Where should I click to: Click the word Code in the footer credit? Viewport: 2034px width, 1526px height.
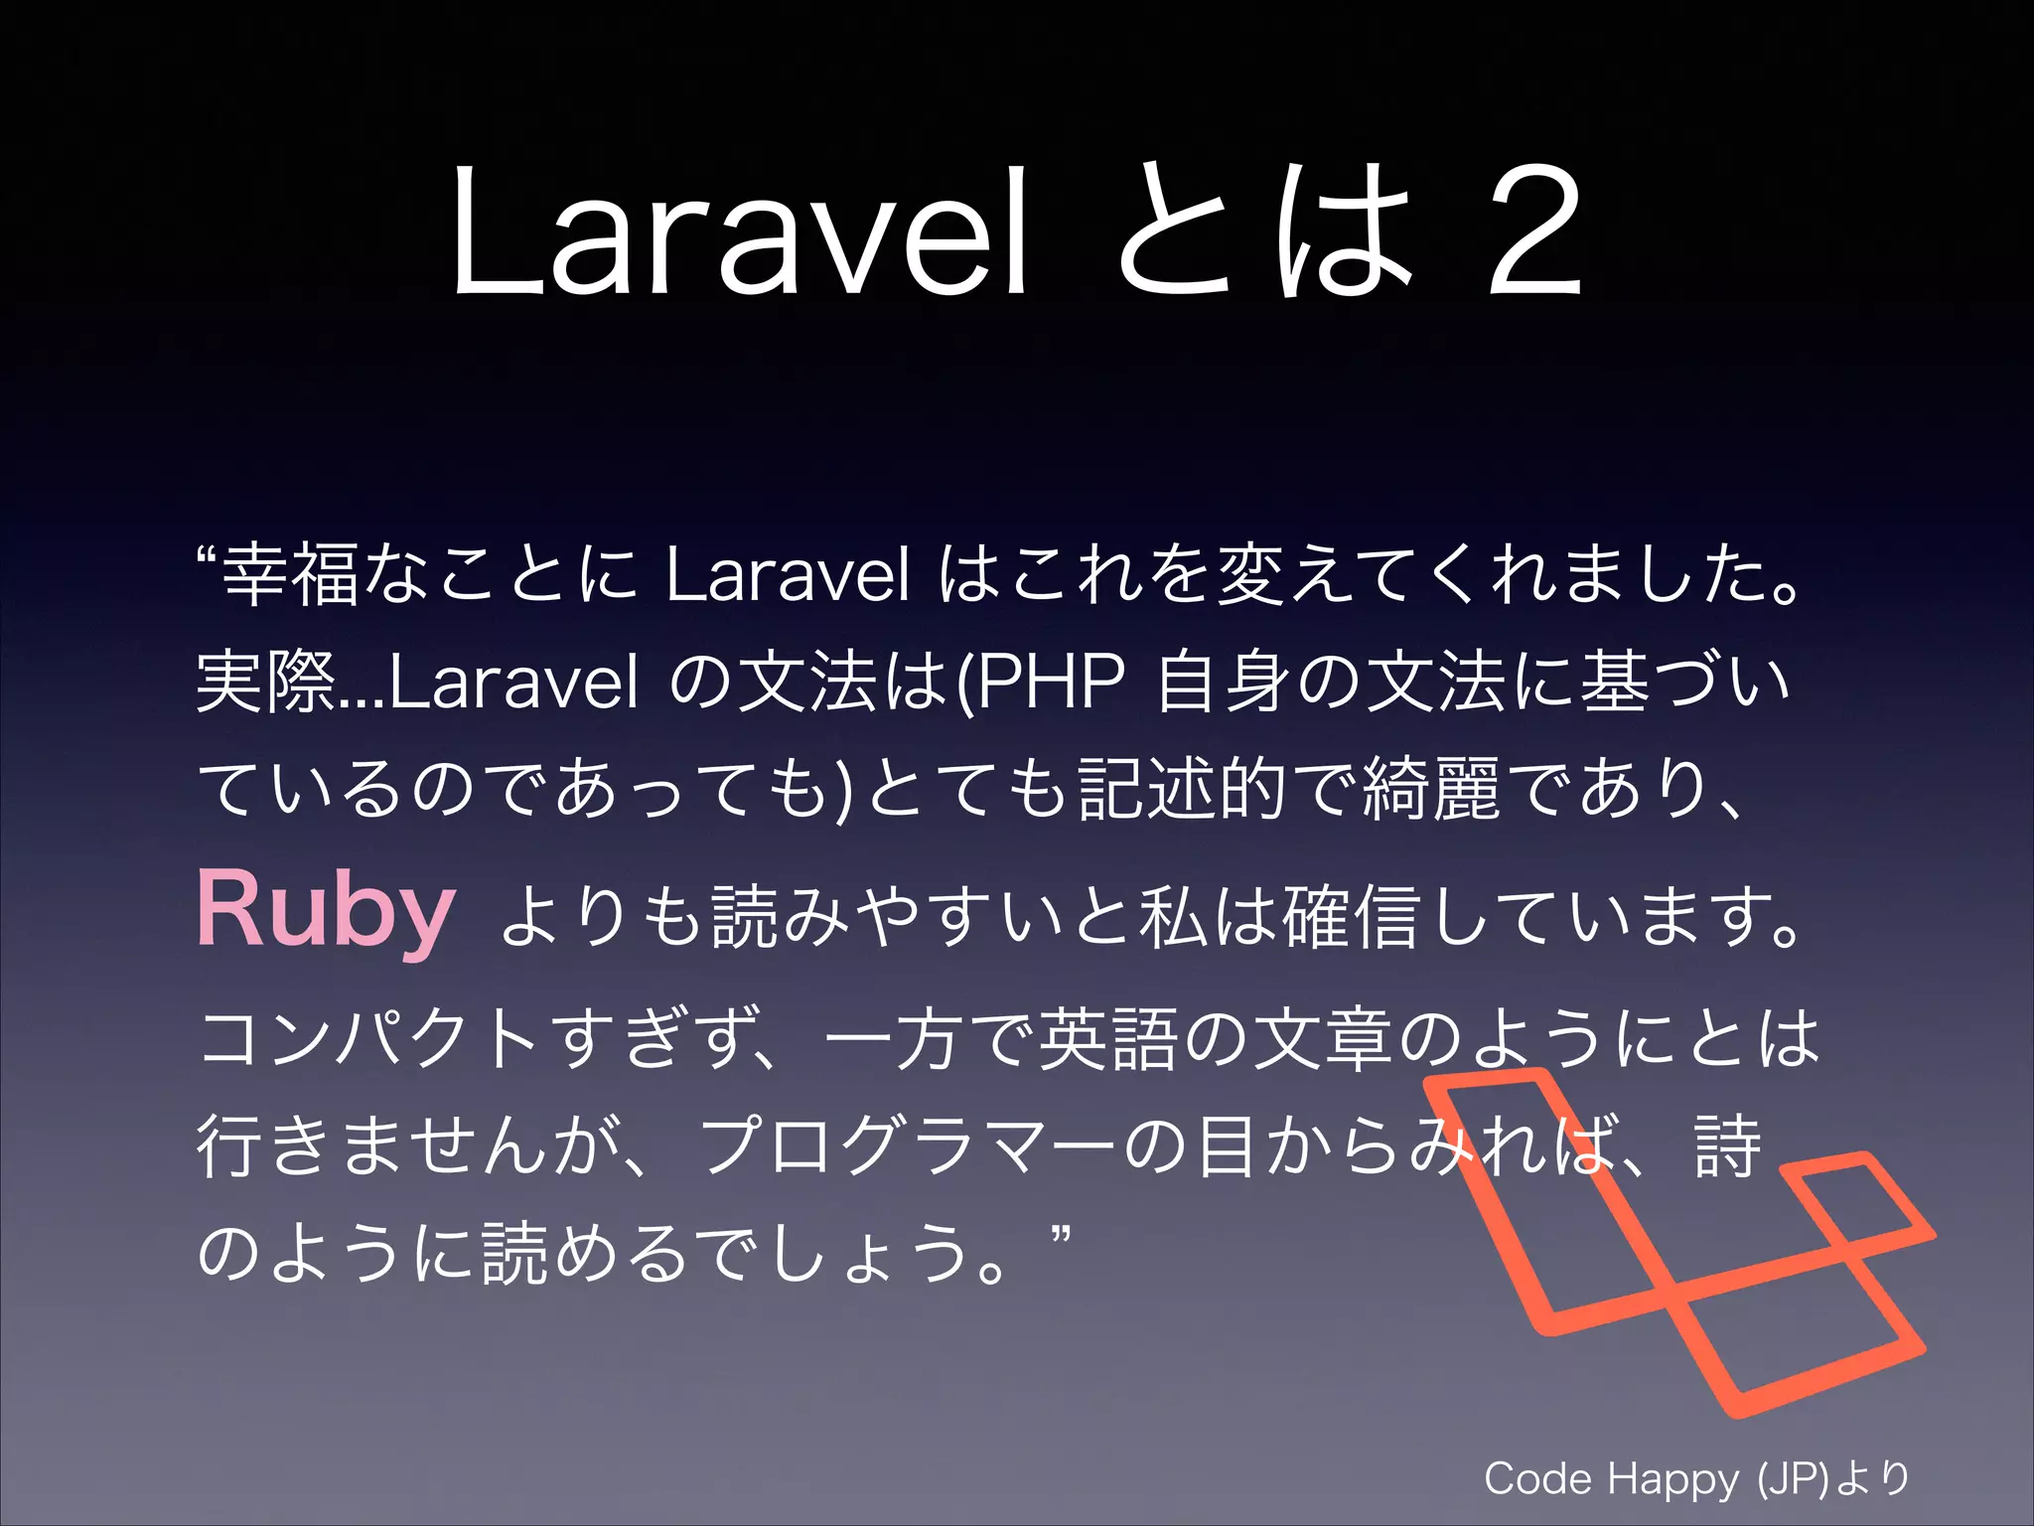coord(1538,1479)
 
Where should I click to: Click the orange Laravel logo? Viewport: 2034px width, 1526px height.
coord(1678,1242)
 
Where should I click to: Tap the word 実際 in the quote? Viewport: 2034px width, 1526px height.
coord(266,683)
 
